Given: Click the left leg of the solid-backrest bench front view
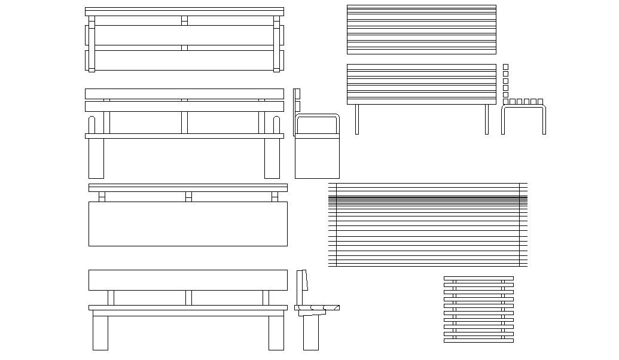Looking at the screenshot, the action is coord(100,332).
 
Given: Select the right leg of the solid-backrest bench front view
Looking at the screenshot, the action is coord(276,332).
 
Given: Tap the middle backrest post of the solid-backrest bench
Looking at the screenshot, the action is coord(188,298).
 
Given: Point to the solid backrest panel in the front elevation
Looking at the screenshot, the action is coord(188,280).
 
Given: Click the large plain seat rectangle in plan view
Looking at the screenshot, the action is coord(188,224).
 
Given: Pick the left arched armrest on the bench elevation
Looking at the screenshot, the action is coord(92,125).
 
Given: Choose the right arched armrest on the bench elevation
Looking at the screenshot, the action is coord(276,125).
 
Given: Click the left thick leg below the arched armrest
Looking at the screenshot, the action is coord(96,158).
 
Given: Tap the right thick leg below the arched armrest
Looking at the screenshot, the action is coord(272,158).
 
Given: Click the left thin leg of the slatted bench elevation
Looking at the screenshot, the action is coord(357,120).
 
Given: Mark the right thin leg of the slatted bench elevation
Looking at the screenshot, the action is coord(487,120).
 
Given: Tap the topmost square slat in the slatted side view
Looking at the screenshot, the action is coord(505,67).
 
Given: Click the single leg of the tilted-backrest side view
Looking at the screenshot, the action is coord(310,332).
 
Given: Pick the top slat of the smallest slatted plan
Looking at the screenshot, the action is coord(478,278).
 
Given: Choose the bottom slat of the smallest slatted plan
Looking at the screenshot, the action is coord(478,341).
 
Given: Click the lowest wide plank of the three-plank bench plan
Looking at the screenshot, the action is coord(184,60).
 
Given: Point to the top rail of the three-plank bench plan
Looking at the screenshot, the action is coord(184,11).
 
